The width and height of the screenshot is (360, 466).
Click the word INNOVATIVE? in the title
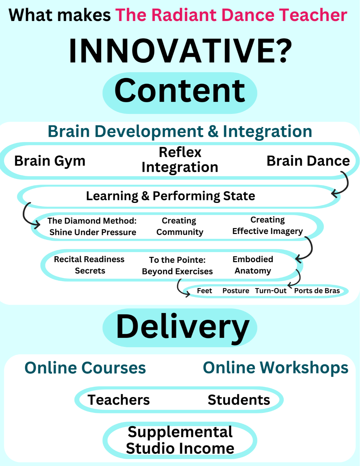tap(180, 51)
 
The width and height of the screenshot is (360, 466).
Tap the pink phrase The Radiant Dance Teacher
tap(231, 15)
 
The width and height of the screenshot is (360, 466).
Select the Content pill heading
tap(180, 92)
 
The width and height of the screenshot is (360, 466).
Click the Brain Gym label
tap(50, 161)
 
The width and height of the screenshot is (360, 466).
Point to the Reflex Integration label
tap(180, 160)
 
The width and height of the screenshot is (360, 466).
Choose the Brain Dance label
tap(308, 161)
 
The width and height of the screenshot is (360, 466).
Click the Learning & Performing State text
tap(171, 196)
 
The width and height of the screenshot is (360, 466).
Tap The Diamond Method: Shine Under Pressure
tap(93, 227)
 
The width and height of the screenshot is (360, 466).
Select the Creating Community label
tap(180, 226)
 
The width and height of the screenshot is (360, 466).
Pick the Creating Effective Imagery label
tap(267, 225)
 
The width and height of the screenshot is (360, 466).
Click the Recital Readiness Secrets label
tap(89, 265)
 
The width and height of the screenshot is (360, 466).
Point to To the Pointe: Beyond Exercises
tap(177, 265)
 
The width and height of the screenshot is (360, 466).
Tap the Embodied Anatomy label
tap(253, 265)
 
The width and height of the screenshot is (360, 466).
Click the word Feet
tap(204, 291)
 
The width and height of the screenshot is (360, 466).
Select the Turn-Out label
tap(271, 291)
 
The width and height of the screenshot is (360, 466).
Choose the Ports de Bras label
tap(317, 291)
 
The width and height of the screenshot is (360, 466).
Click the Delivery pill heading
tap(182, 327)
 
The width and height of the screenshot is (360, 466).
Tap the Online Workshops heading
tap(276, 368)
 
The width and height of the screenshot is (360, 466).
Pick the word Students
tap(239, 400)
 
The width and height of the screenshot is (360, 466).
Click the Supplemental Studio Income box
tap(180, 440)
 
